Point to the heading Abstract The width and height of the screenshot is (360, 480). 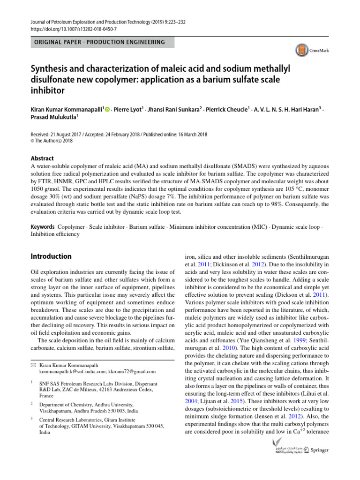42,158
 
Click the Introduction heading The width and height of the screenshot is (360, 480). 51,256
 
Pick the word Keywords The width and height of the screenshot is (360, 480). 42,227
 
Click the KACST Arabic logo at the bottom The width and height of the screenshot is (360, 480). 289,450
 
